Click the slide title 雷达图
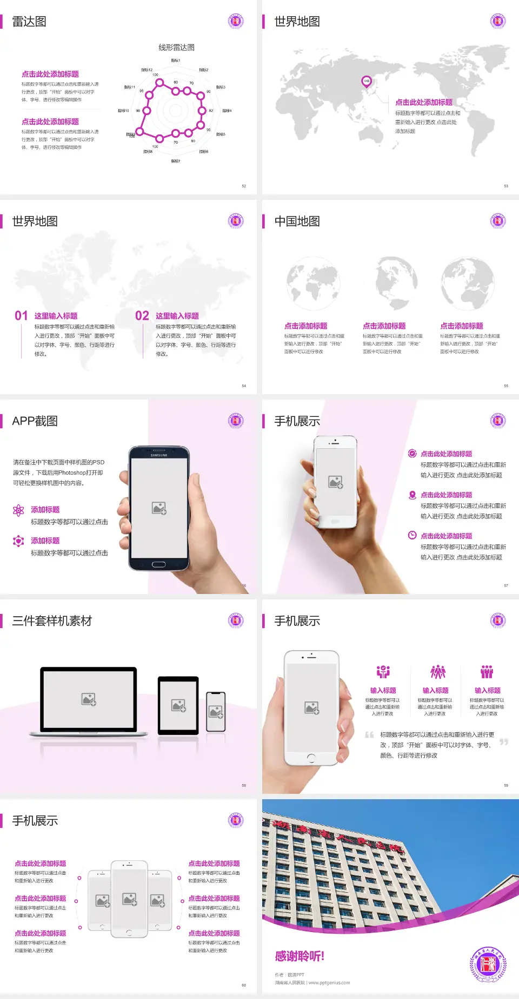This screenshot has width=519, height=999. pos(29,22)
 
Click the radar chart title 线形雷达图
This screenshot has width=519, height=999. pos(176,48)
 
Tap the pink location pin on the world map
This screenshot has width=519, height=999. pos(366,82)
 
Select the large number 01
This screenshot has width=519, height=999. pos(21,316)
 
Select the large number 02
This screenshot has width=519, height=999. pos(142,316)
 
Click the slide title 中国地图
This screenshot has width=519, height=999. pos(297,221)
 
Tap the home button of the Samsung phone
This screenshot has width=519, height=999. pos(158,564)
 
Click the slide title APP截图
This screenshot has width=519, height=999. pos(35,421)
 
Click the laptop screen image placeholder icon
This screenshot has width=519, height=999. pos(89,699)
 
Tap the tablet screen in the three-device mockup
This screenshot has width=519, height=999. pos(178,705)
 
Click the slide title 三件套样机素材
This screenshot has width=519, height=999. pos(52,621)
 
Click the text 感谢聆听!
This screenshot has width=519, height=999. pos(300,956)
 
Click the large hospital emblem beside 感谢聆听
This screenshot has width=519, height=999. pos(488,964)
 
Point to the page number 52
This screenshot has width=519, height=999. pos(244,186)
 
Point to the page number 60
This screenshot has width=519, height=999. pos(244,986)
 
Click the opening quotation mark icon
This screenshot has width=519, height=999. pos(369,735)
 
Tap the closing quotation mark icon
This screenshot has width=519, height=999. pos(504,742)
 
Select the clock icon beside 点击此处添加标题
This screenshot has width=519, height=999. pos(412,535)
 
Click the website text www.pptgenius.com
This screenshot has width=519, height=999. pos(329,983)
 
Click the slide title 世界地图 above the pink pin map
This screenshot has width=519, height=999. pos(297,22)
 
